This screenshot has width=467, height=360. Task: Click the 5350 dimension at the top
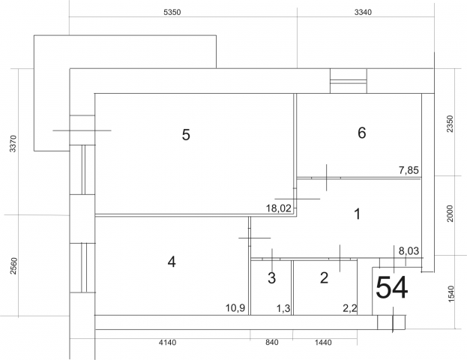(172, 12)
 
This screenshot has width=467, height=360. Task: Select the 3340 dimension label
(363, 12)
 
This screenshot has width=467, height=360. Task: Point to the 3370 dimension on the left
(13, 144)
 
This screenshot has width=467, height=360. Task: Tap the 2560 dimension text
(13, 265)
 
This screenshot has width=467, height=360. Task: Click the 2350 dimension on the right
(450, 124)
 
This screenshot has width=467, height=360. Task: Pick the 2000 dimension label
(450, 214)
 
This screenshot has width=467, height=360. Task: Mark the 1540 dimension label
(451, 294)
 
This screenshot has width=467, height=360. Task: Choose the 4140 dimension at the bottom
(167, 343)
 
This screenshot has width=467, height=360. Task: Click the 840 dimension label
(272, 343)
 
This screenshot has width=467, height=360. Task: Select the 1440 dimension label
(323, 343)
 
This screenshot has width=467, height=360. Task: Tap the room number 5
(186, 135)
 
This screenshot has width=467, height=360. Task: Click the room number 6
(362, 133)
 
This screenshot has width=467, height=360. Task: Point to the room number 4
(172, 262)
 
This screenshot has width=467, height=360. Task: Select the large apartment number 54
(391, 287)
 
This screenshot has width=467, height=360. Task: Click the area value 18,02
(279, 208)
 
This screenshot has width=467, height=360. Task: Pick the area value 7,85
(409, 170)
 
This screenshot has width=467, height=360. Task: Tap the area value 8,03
(409, 251)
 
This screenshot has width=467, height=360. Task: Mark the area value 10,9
(235, 307)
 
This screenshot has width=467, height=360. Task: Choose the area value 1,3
(283, 308)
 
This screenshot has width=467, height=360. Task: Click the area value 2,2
(350, 308)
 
